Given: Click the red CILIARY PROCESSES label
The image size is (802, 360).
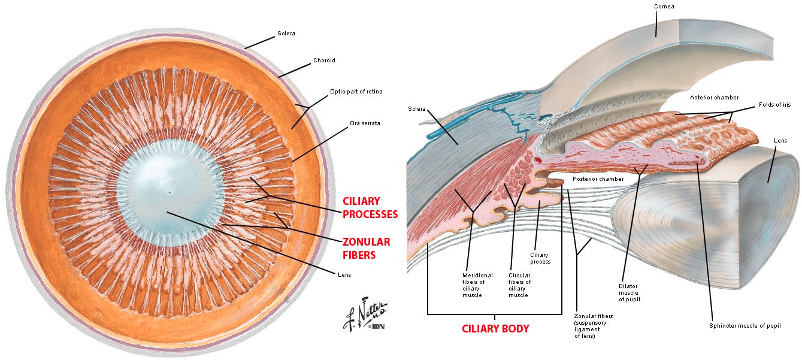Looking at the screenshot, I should tap(370, 207).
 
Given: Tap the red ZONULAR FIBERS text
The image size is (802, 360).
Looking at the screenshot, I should tap(365, 248).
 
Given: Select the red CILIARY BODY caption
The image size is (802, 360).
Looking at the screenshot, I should tap(495, 328).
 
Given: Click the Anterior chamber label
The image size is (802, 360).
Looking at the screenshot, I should tap(714, 97).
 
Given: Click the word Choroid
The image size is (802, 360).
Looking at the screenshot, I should tap(324, 60).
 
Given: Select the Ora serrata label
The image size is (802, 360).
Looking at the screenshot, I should tap(365, 123).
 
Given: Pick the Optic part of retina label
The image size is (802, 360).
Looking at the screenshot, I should tap(356, 92).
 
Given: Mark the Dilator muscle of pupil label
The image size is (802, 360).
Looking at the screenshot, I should tap(628, 292).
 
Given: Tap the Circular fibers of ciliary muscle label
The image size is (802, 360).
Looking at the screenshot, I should tap(519, 285).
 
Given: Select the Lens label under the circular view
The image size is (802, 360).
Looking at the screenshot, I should tap(344, 274).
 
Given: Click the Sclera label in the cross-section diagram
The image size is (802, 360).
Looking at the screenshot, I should tap(417, 109).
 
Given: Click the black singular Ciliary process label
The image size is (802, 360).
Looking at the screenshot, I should tap(540, 258).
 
